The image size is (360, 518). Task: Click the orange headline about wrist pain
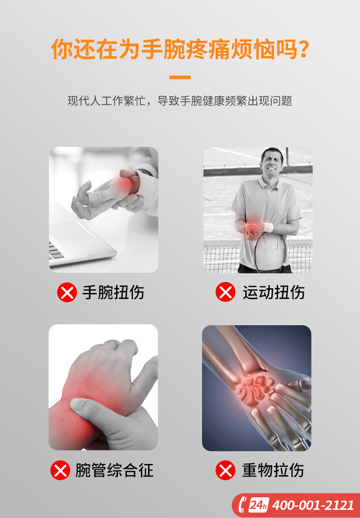(x=180, y=49)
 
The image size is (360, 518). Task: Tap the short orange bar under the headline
(x=180, y=77)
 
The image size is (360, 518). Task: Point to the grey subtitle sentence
(x=180, y=101)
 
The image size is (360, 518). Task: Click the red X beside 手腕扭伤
(x=67, y=292)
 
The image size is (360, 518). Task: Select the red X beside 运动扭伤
(x=225, y=292)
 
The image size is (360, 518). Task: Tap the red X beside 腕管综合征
(x=60, y=470)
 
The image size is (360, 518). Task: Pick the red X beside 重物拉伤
(x=225, y=470)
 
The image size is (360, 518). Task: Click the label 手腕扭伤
(x=113, y=292)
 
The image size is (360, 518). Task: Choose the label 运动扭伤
(x=274, y=292)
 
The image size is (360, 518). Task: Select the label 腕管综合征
(x=114, y=470)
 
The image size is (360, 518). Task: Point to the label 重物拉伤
(x=273, y=470)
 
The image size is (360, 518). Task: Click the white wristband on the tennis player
(x=267, y=227)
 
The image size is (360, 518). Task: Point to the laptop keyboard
(x=56, y=250)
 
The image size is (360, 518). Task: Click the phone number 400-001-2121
(x=313, y=505)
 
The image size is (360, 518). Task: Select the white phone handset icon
(x=243, y=505)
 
